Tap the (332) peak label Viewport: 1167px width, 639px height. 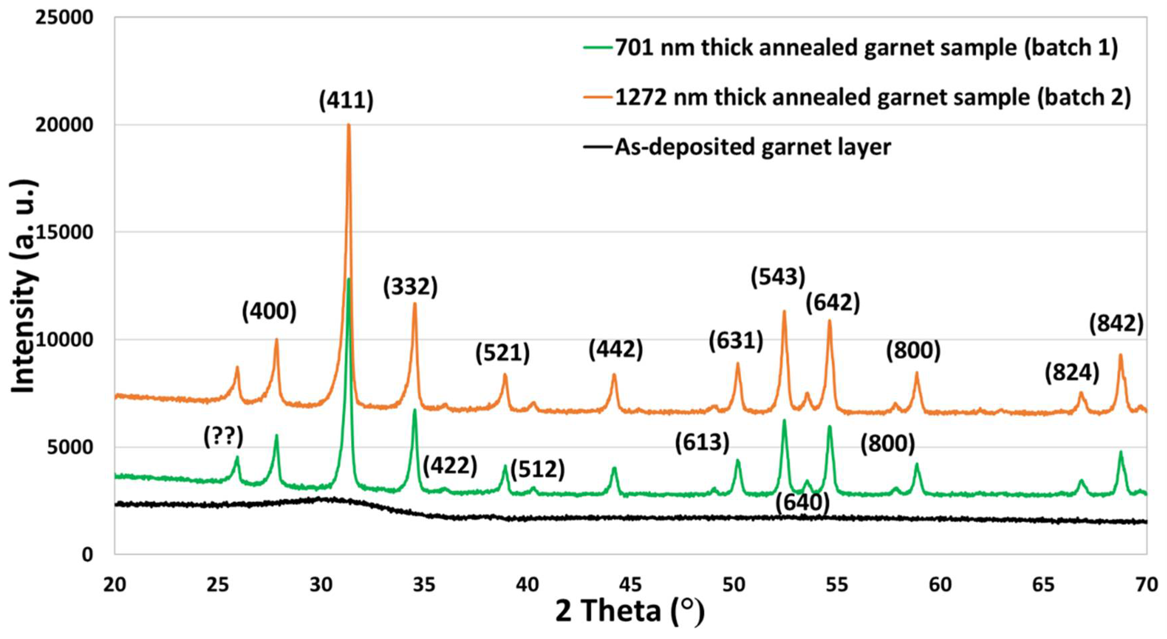410,287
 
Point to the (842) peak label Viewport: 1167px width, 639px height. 1116,324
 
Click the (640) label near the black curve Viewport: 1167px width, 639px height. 802,502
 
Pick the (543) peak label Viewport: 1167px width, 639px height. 778,276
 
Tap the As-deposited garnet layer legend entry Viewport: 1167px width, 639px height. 752,147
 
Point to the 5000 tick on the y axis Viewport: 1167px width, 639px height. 69,447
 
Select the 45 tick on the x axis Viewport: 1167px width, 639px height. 631,585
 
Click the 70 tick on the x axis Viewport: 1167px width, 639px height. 1147,585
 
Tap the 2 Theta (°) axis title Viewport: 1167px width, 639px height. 630,611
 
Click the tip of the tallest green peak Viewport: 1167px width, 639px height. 348,279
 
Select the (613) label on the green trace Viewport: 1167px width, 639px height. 702,443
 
